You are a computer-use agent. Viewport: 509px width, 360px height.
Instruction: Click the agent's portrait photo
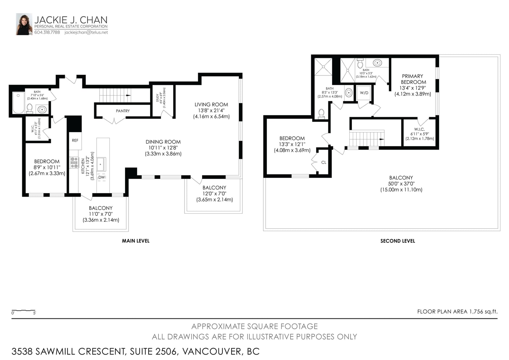coord(24,24)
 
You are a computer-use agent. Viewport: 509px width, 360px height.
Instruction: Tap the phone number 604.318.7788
coord(47,32)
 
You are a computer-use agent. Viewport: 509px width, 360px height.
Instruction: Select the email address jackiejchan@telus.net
coord(86,32)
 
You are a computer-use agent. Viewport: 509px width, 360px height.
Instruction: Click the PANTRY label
coord(123,111)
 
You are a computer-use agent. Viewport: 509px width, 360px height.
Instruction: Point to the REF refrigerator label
coord(75,140)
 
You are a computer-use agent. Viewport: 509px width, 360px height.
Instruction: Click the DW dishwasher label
coord(101,177)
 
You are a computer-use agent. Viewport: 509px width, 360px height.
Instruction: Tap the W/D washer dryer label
coord(364,93)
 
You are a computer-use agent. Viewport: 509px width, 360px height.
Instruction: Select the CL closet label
coord(324,162)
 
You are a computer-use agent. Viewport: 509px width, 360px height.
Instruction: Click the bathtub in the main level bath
coord(18,102)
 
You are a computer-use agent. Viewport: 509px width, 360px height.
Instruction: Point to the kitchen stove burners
coord(74,163)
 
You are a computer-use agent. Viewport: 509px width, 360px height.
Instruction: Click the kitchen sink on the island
coord(101,164)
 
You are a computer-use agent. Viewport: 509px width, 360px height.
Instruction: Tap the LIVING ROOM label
coord(211,105)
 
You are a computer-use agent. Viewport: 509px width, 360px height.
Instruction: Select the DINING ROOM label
coord(163,142)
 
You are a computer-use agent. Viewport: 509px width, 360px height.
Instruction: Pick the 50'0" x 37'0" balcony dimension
coord(401,184)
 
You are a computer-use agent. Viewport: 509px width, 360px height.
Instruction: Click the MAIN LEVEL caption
coord(136,241)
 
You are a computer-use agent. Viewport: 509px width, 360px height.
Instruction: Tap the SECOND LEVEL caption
coord(398,241)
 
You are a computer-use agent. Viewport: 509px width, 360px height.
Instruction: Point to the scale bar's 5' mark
coord(35,313)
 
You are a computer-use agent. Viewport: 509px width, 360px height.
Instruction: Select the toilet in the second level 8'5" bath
coord(321,114)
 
